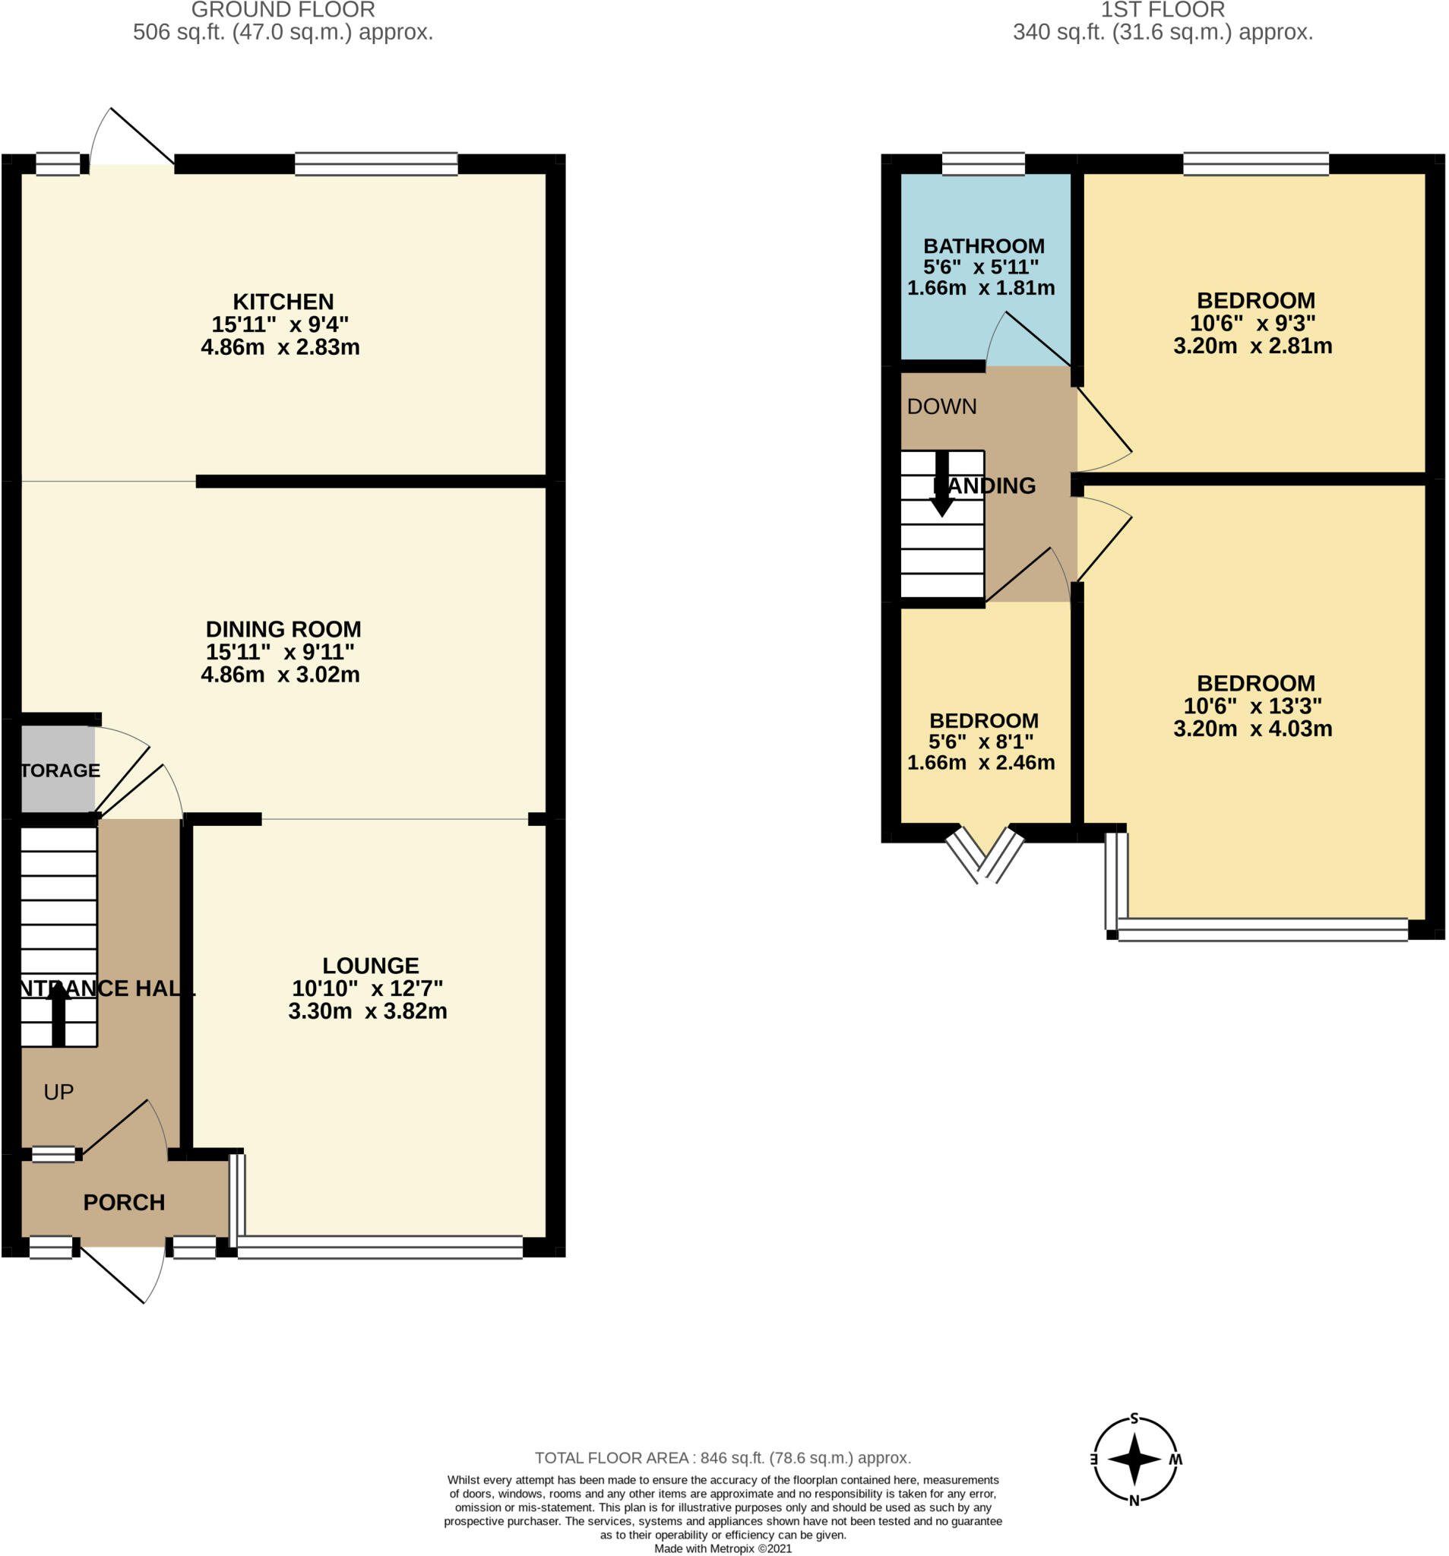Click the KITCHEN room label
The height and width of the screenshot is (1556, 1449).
pyautogui.click(x=283, y=302)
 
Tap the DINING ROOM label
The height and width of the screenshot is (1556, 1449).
pyautogui.click(x=283, y=629)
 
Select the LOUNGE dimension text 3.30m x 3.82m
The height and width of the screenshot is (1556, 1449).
pyautogui.click(x=367, y=1011)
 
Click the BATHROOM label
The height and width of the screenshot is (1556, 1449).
pyautogui.click(x=983, y=245)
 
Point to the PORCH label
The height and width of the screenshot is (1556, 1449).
pyautogui.click(x=124, y=1202)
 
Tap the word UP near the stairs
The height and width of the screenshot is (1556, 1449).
pyautogui.click(x=59, y=1092)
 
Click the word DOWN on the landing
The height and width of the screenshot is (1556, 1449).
pyautogui.click(x=941, y=406)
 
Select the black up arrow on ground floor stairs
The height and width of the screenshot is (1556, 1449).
pyautogui.click(x=58, y=1014)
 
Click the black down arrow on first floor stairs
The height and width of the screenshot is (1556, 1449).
pyautogui.click(x=941, y=485)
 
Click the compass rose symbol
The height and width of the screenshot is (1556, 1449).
pyautogui.click(x=1134, y=1459)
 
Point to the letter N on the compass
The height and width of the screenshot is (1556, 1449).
pyautogui.click(x=1134, y=1501)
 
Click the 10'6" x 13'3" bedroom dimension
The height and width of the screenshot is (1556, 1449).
pyautogui.click(x=1251, y=706)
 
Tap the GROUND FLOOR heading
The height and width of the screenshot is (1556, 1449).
pyautogui.click(x=283, y=10)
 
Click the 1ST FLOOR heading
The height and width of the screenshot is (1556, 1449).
pyautogui.click(x=1162, y=10)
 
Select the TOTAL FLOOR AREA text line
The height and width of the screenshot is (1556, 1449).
pyautogui.click(x=722, y=1458)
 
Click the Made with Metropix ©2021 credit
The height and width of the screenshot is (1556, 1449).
pyautogui.click(x=722, y=1548)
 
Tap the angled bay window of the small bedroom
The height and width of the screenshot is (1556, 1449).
pyautogui.click(x=984, y=855)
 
